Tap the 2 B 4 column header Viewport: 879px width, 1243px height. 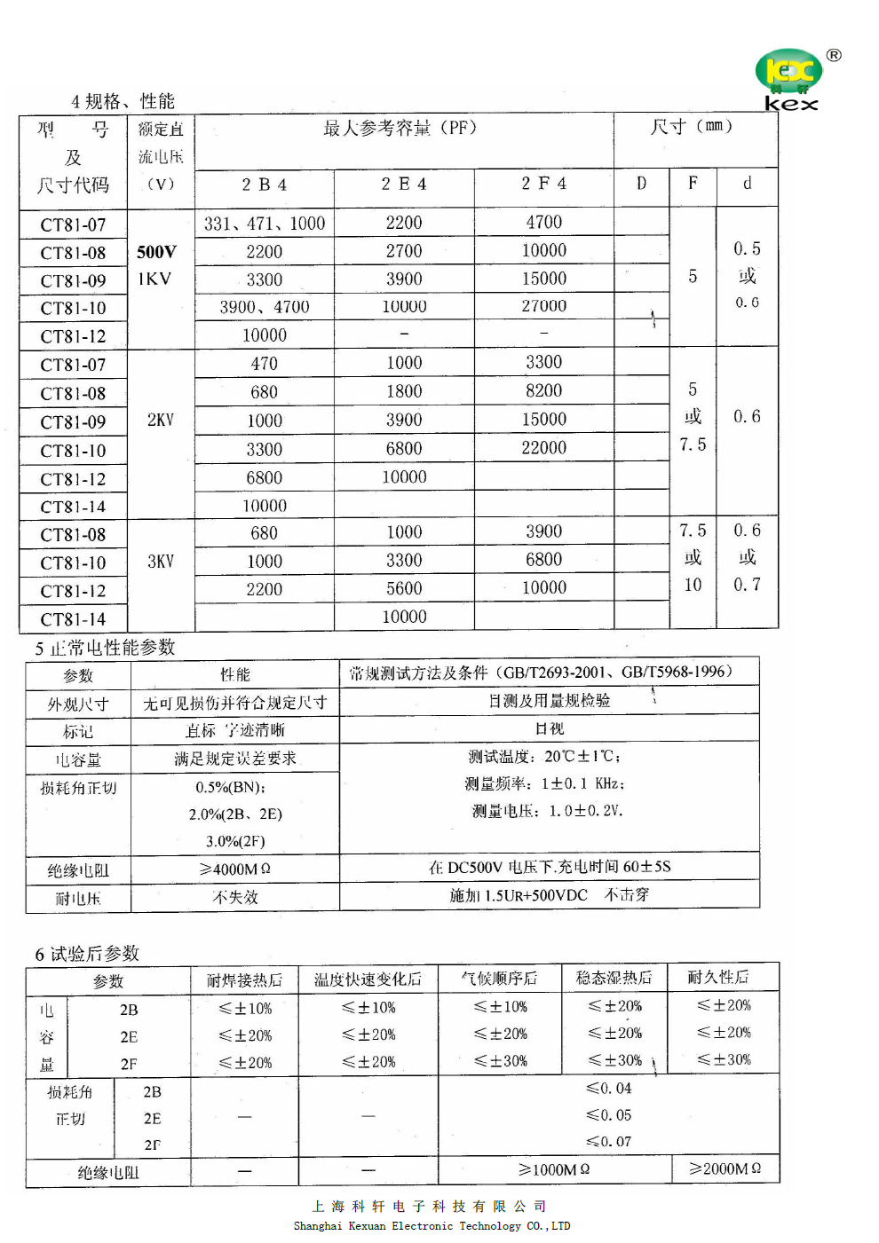[x=264, y=185]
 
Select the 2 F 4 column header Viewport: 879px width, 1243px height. [x=543, y=184]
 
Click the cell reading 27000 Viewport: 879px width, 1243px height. [x=543, y=306]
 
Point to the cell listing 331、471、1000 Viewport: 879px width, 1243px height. [x=264, y=224]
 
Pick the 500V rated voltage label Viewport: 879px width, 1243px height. [x=156, y=252]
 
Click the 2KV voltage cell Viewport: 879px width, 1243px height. [x=160, y=420]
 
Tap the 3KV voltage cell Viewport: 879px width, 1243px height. [x=160, y=562]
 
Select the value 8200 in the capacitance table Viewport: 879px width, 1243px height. [x=543, y=391]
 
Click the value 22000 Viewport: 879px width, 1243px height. [x=543, y=448]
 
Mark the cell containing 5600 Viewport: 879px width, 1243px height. [x=404, y=589]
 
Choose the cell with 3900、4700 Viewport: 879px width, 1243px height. [x=264, y=307]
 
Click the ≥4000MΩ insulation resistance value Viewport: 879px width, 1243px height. [x=234, y=869]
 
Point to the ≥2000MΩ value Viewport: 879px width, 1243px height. [x=725, y=1168]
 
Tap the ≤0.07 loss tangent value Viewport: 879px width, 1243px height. [x=608, y=1142]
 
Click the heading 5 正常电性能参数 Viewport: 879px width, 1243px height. [x=105, y=648]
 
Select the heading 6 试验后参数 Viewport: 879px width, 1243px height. [x=87, y=954]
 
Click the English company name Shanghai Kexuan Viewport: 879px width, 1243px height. [x=432, y=1226]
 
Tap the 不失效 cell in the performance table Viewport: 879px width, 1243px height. [x=234, y=897]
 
